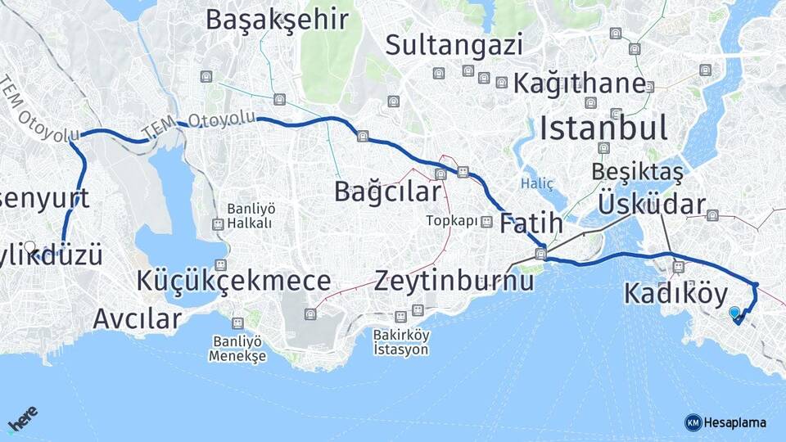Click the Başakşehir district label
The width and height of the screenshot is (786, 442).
coord(277,20)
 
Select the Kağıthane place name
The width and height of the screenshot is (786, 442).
coord(580,83)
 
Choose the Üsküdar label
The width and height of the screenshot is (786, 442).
coord(652,204)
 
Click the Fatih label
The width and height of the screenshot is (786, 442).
coord(531,223)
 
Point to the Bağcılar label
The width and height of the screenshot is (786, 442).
coord(387,192)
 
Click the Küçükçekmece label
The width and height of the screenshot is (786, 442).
coord(234,281)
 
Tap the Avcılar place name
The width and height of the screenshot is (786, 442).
coord(137,318)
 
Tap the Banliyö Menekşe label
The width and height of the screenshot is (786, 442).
coord(237,348)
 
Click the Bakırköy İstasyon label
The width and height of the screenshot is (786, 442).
coord(400,341)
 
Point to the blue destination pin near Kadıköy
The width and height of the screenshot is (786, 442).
coord(734,313)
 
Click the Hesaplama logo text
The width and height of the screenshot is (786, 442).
coord(734,422)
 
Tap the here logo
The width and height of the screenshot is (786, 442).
coord(23,422)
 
